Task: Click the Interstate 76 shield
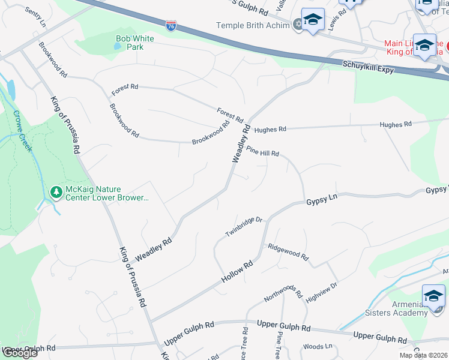[171, 25]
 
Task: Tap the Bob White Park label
[134, 43]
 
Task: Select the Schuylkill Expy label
[367, 66]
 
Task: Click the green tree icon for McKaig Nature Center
[56, 192]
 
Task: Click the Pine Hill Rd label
[262, 151]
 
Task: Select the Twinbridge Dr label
[244, 226]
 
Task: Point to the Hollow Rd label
[238, 272]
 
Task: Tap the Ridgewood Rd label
[288, 252]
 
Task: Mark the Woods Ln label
[318, 346]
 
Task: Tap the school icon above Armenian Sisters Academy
[433, 296]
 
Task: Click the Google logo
[20, 353]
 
